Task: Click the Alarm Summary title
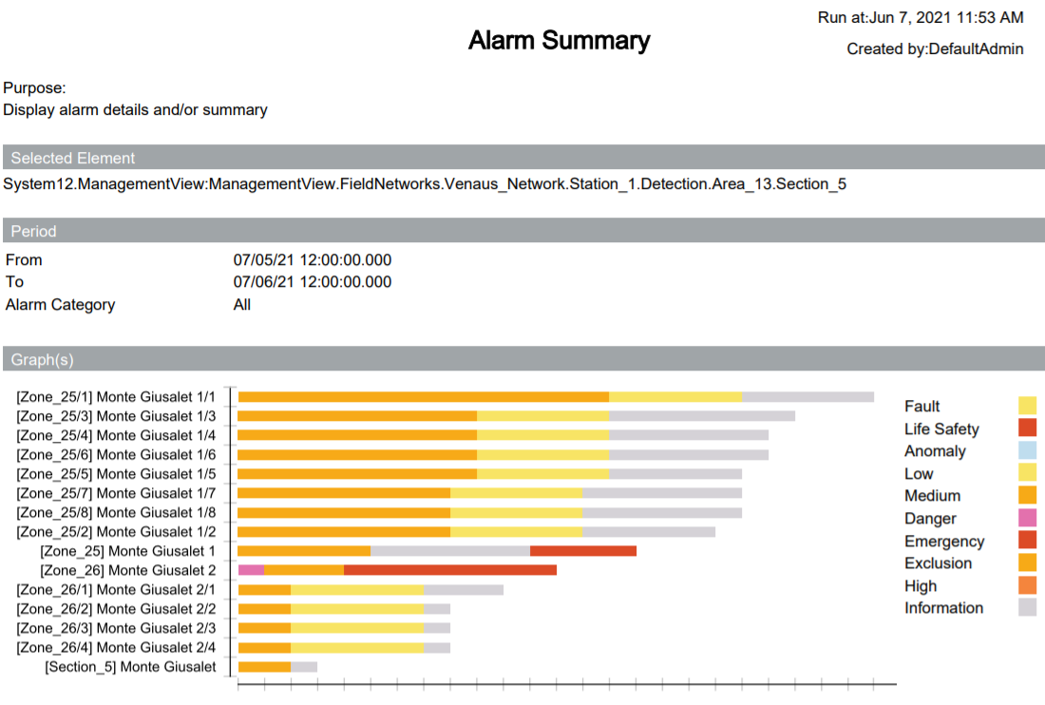559,41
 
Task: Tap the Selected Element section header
73,159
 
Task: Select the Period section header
34,232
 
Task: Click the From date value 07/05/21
312,260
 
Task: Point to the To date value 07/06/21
312,282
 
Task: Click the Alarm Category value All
242,305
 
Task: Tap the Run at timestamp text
920,18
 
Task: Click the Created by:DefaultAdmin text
935,48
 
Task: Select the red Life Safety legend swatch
1027,429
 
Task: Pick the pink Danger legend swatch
1027,518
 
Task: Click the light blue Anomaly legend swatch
1027,451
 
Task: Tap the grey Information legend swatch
1027,608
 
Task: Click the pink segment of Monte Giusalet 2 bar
251,570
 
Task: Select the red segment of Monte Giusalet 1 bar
582,551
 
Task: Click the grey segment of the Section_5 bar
303,667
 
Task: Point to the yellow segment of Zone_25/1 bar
674,397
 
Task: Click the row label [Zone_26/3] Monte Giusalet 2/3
116,628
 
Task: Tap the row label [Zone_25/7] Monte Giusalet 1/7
116,493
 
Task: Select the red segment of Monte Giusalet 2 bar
449,570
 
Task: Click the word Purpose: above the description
34,88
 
